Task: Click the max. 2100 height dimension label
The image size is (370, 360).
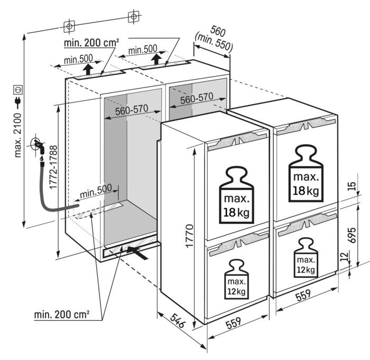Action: (18, 135)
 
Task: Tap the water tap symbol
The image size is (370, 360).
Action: (38, 145)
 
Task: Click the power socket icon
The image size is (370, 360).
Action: (18, 90)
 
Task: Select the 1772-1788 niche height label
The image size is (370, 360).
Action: (53, 167)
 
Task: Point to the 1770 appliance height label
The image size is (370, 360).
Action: (189, 236)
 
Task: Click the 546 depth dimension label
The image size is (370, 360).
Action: (177, 320)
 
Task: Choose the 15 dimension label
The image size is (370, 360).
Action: (351, 186)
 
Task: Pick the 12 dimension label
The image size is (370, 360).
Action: (345, 256)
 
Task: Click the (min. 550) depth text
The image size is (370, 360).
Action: (214, 42)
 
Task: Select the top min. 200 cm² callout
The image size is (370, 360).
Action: (91, 43)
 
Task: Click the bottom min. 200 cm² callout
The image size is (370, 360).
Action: (62, 314)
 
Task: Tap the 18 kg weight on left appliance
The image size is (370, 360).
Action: (236, 195)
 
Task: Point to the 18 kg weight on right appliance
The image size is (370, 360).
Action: (306, 173)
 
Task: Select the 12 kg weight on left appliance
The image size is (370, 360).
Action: (236, 279)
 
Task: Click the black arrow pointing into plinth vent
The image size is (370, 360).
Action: (137, 252)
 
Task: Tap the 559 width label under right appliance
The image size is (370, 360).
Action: (303, 295)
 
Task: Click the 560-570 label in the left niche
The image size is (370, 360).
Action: (132, 110)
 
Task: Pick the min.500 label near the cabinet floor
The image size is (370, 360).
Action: (96, 191)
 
